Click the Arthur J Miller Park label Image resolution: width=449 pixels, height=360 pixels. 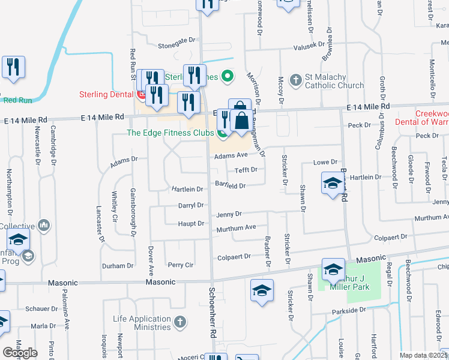click(348, 282)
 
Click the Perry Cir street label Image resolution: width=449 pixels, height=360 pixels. click(180, 265)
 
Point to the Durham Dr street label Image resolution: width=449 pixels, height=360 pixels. click(117, 266)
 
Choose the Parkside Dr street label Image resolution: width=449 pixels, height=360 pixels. click(348, 310)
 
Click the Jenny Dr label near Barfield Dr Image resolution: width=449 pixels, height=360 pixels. click(229, 214)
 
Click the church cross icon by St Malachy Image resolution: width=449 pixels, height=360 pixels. click(295, 80)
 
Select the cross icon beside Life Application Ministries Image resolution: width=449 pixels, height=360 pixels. click(179, 323)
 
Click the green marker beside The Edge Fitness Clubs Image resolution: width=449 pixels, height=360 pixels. click(223, 133)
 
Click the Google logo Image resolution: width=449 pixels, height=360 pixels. click(20, 353)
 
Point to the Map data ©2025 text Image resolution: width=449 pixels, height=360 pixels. click(423, 355)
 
